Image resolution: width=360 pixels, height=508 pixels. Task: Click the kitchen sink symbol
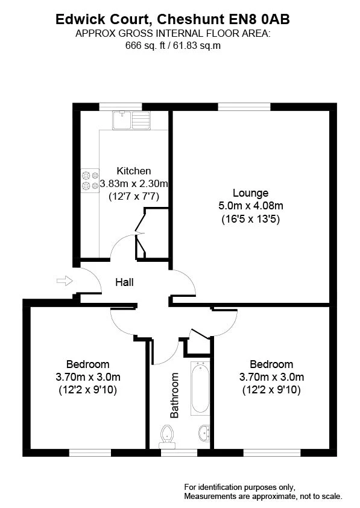click(x=130, y=120)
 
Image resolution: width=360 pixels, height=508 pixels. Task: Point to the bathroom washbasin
click(x=204, y=433)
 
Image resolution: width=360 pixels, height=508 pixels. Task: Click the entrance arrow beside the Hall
click(x=63, y=281)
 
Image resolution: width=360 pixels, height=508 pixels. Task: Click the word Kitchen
click(x=134, y=171)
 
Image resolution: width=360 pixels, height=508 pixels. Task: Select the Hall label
click(x=125, y=282)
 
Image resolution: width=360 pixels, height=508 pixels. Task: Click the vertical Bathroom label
click(x=175, y=396)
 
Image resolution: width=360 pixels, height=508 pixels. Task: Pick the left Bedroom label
click(x=88, y=364)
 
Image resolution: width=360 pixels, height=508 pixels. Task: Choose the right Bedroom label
click(x=271, y=364)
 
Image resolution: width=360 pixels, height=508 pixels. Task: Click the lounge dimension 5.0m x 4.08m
click(x=250, y=206)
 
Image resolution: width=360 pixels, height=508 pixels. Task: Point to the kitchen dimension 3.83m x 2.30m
click(x=134, y=183)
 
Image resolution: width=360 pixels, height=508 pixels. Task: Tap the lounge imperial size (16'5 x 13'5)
click(x=250, y=220)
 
